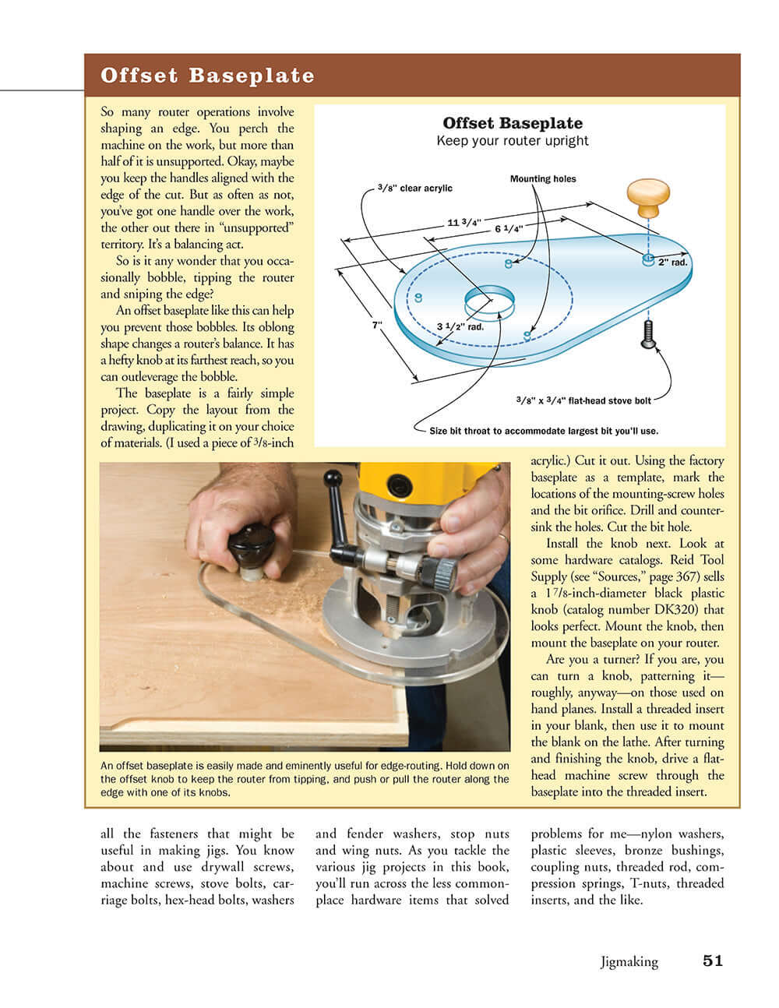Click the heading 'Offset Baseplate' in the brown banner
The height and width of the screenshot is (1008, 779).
click(207, 76)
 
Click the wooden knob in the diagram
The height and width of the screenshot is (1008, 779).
click(649, 197)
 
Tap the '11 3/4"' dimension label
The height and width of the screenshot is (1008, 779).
click(463, 223)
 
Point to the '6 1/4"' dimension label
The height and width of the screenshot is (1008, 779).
click(508, 229)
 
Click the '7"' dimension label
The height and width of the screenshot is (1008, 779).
click(377, 325)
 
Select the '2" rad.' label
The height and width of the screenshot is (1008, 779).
click(673, 263)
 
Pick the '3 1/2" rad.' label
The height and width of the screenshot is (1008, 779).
click(460, 326)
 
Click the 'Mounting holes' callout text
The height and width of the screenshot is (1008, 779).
click(543, 179)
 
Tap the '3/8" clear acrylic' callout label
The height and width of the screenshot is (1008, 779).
click(414, 188)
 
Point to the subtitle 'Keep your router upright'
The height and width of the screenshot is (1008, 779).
click(513, 141)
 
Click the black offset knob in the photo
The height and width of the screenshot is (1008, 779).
click(252, 543)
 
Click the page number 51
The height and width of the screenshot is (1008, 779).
click(712, 960)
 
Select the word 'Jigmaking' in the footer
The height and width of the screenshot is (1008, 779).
click(629, 962)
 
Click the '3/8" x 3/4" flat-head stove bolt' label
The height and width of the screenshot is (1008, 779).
click(583, 400)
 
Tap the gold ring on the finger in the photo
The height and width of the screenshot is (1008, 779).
click(502, 537)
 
